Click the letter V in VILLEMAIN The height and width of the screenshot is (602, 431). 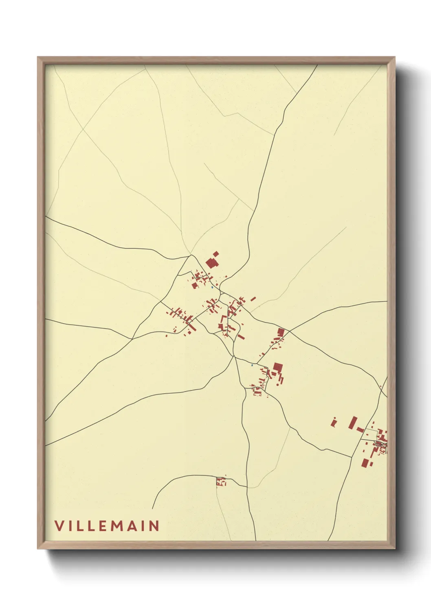[x=59, y=526]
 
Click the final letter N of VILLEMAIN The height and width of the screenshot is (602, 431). [x=154, y=526]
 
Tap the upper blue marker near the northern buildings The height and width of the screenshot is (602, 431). [x=212, y=288]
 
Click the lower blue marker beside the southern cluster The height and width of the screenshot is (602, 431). [x=253, y=365]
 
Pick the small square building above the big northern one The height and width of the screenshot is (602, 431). [x=216, y=254]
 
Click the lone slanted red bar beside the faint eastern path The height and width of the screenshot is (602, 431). [x=253, y=299]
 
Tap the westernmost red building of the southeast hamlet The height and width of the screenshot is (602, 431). [x=334, y=422]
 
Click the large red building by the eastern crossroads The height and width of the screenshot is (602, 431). [x=280, y=332]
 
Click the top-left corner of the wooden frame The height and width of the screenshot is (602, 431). [x=38, y=57]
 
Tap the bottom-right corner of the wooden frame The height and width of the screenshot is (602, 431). [x=394, y=548]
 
